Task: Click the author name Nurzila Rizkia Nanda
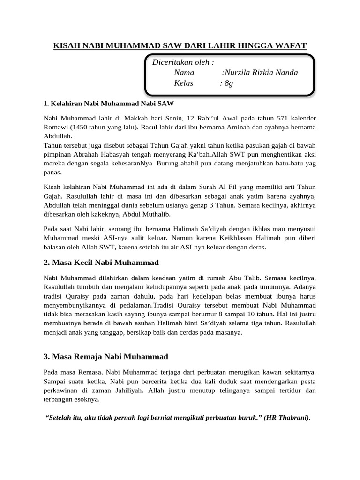pyautogui.click(x=262, y=73)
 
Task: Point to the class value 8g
pyautogui.click(x=228, y=83)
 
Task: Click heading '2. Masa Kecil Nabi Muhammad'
pyautogui.click(x=101, y=262)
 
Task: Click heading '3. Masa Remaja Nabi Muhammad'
pyautogui.click(x=105, y=356)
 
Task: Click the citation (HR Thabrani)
pyautogui.click(x=287, y=418)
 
